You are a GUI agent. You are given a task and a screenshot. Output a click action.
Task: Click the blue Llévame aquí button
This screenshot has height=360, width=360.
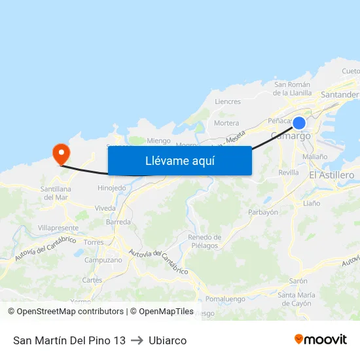(x=179, y=160)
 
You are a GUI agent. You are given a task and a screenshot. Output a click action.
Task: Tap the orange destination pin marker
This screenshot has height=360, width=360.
(x=62, y=154)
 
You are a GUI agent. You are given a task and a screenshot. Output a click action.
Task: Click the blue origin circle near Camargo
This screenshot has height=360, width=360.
(x=299, y=123)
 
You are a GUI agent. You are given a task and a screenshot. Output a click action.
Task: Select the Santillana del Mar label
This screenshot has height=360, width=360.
(x=55, y=193)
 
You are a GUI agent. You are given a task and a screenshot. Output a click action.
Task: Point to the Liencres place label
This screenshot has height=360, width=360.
(x=228, y=101)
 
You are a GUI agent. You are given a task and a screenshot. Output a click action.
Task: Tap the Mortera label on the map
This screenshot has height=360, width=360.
(x=226, y=123)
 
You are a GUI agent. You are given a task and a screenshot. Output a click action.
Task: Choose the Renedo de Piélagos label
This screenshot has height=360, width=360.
(x=204, y=241)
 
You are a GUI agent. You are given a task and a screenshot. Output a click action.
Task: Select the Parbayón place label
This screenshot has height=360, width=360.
(x=263, y=212)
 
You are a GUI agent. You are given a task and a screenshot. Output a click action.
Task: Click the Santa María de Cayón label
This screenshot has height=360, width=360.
(x=297, y=299)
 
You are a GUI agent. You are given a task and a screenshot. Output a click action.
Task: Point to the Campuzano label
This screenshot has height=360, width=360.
(x=103, y=260)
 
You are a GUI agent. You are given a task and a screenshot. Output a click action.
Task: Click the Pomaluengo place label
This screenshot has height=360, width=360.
(x=225, y=298)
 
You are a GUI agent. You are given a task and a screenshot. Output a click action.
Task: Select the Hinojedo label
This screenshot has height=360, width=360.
(x=111, y=188)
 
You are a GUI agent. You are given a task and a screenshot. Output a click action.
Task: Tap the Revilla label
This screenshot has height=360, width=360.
(x=288, y=173)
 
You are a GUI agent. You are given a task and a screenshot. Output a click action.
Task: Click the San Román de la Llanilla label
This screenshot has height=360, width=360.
(x=293, y=88)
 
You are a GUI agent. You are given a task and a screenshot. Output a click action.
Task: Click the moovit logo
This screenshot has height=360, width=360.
(x=320, y=340)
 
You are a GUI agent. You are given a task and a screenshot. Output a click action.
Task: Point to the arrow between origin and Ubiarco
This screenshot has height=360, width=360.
(x=137, y=340)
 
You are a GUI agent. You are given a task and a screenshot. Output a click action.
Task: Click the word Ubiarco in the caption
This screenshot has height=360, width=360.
(x=168, y=340)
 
